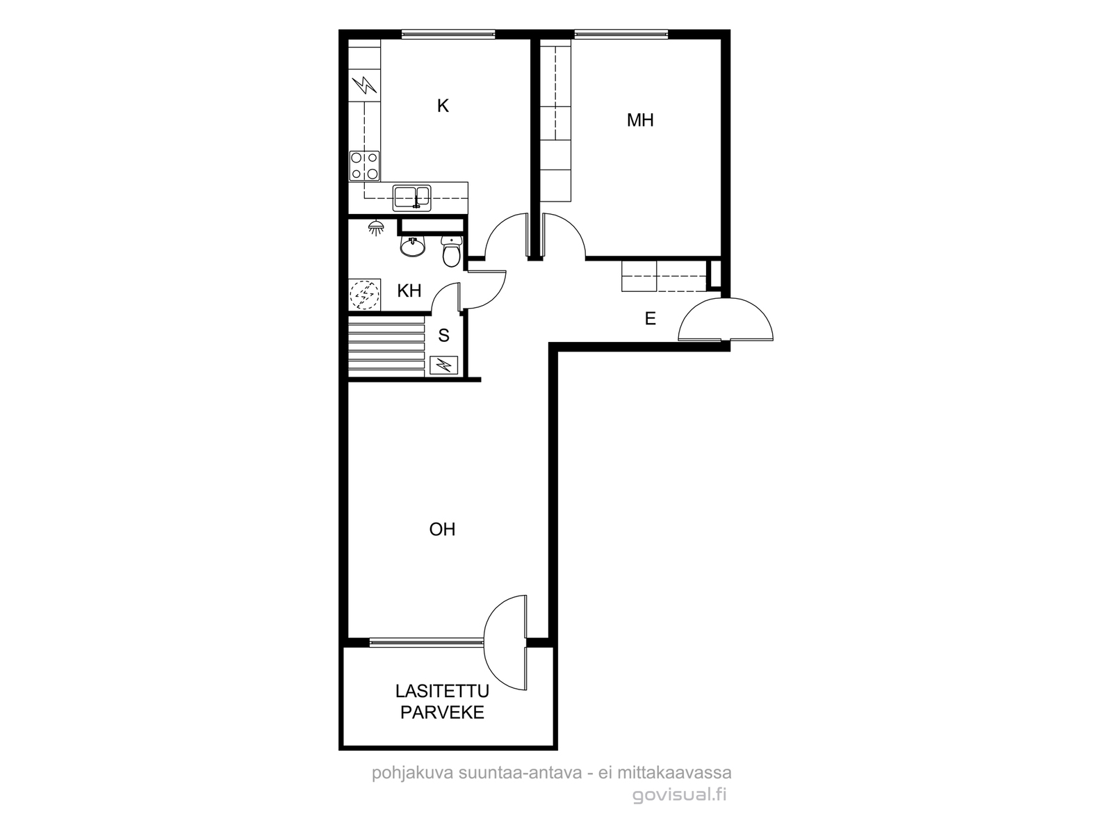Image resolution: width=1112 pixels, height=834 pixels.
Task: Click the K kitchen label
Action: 443,106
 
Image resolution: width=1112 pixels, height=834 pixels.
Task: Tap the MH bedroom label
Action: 640,120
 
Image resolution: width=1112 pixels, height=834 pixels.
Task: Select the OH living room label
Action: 442,529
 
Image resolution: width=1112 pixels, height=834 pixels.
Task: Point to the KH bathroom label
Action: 409,291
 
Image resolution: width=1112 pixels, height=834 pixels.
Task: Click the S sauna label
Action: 444,335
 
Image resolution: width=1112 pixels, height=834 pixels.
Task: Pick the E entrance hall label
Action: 650,318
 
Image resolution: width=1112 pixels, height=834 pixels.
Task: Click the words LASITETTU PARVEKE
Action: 442,702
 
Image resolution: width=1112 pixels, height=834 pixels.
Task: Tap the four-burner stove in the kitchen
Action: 365,165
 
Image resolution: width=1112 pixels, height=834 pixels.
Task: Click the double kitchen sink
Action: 412,198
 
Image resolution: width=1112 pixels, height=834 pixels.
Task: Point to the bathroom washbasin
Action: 413,246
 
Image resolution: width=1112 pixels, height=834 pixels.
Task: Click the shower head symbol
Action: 376,228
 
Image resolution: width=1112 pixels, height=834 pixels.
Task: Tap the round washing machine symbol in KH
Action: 364,295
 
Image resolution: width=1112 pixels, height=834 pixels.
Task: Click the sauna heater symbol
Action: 444,365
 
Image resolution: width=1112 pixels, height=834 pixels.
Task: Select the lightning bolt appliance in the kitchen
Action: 365,85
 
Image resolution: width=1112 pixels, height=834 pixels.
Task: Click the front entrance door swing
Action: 726,319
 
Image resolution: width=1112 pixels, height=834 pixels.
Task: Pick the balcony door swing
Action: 505,643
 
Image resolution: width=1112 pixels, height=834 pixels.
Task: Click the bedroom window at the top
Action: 621,35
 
